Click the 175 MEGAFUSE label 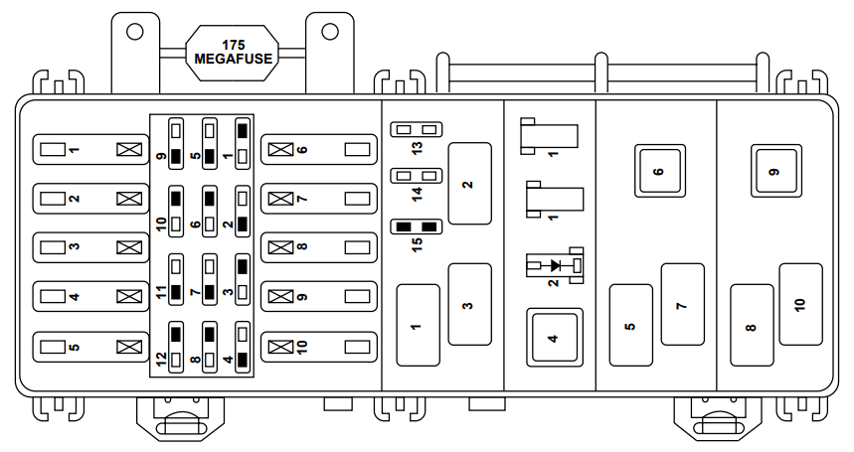pos(233,53)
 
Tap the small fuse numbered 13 pos(417,129)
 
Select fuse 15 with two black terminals pos(417,226)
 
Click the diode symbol pos(555,265)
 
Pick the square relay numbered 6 pos(659,171)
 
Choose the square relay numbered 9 pos(776,171)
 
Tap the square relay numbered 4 pos(555,338)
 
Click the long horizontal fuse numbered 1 pos(90,150)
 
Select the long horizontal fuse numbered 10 pos(319,347)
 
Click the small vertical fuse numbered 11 pos(176,279)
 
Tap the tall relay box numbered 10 pos(800,304)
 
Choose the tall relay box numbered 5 pos(630,325)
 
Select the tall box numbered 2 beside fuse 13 pos(469,184)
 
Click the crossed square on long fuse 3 pos(129,247)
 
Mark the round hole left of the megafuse pos(134,32)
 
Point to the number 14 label pos(417,194)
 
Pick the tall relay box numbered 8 pos(752,325)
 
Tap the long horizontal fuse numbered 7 pos(319,199)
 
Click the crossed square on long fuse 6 pos(281,150)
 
